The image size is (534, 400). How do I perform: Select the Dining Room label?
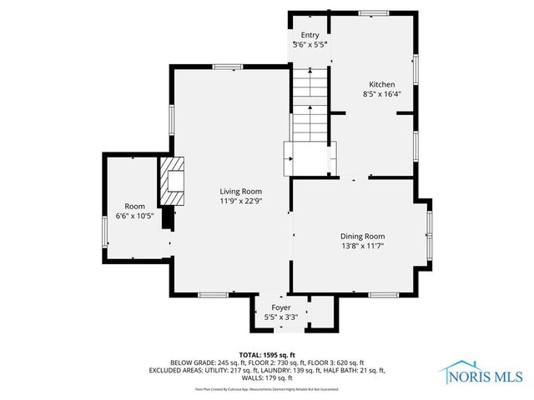[362, 236]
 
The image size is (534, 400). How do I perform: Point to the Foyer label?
[280, 307]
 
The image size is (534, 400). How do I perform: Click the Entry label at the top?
[310, 35]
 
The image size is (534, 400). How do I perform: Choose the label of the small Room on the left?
[134, 206]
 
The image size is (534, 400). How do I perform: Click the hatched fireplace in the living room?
[173, 182]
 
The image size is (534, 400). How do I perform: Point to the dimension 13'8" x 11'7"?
[362, 247]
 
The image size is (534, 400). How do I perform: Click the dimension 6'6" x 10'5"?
[134, 217]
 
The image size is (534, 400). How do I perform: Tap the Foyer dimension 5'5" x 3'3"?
[280, 317]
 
